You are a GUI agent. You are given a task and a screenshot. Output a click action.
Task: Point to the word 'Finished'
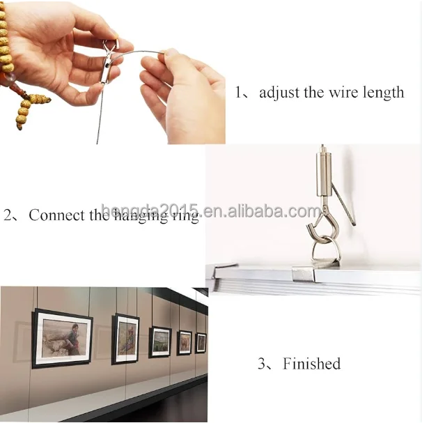point(311,363)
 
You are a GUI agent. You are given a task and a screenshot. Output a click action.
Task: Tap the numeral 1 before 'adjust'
point(239,93)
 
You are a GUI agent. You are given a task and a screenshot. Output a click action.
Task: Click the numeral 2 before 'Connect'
point(8,215)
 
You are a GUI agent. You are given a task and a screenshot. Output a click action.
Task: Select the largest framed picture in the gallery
point(62,337)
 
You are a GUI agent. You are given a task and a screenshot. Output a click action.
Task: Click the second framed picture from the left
point(126,338)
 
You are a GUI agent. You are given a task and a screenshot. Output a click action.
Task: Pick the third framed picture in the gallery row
point(159,341)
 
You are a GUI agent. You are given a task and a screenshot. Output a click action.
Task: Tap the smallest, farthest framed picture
point(201,342)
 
